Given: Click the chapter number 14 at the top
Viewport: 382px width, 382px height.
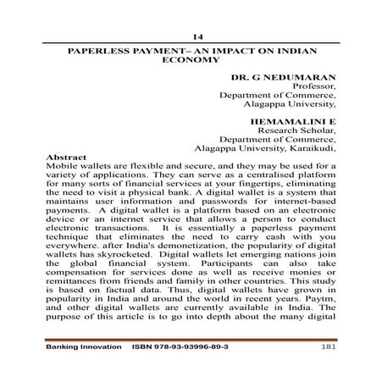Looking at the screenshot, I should click(x=198, y=37).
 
